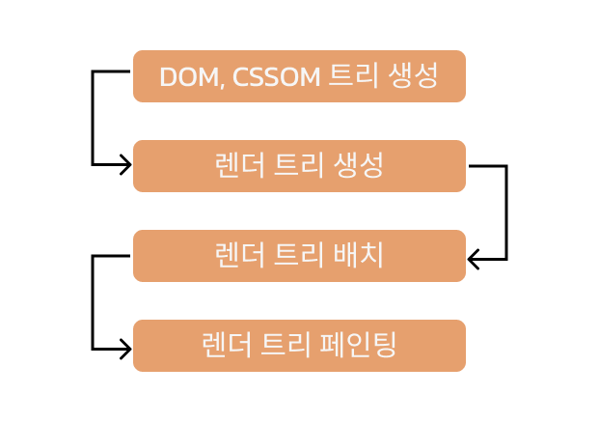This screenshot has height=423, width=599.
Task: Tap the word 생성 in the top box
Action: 416,76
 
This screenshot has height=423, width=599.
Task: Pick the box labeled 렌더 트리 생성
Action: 299,166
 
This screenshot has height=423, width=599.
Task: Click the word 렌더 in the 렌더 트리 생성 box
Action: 238,166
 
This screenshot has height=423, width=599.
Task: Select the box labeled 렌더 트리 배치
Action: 299,256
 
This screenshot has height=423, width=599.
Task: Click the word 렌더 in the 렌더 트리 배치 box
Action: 238,256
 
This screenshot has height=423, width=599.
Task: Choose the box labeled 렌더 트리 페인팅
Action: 299,346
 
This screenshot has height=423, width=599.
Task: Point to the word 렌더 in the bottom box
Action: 227,346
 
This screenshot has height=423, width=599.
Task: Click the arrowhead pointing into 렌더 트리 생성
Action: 125,166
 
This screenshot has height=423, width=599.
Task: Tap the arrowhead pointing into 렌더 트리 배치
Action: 474,259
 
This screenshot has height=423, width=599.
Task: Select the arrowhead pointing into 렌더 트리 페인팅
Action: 125,348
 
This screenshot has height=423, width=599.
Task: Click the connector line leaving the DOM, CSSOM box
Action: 94,116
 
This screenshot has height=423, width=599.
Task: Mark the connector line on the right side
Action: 506,212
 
